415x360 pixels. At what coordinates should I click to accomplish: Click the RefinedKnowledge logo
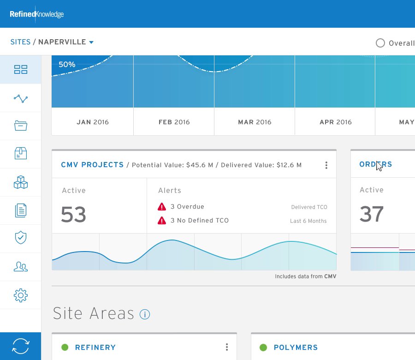tap(36, 14)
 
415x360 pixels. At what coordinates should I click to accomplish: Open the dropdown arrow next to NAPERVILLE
tap(91, 42)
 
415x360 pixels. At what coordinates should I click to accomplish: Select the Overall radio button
tap(380, 43)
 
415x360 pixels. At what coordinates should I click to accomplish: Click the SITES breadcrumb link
tap(20, 42)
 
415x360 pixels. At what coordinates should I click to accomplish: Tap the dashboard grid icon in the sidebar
tap(21, 69)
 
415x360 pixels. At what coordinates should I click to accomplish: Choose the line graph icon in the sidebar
tap(21, 99)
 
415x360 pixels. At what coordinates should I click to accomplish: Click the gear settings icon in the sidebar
tap(21, 295)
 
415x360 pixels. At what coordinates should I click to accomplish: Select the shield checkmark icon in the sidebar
tap(21, 237)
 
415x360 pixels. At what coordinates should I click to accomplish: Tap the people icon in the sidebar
tap(21, 266)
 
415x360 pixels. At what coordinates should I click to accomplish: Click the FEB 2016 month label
tap(174, 122)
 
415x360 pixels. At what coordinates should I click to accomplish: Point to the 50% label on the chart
tap(67, 64)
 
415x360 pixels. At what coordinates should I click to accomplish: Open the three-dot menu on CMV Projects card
tap(326, 165)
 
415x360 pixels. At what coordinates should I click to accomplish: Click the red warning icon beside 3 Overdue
tap(162, 207)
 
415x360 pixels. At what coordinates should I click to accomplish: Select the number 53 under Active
tap(73, 214)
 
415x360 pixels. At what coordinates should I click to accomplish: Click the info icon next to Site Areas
tap(145, 314)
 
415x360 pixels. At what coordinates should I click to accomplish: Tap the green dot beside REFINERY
tap(65, 347)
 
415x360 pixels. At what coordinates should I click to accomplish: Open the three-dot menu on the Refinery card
tap(227, 347)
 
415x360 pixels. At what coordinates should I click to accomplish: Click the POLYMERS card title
tap(296, 347)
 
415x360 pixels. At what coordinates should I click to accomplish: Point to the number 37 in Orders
tap(371, 214)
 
